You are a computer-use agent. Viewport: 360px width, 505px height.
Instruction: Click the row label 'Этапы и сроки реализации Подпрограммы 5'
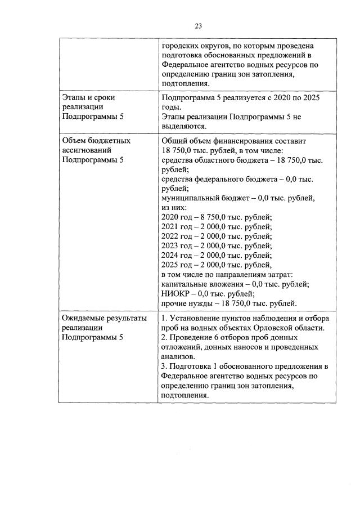tap(93, 107)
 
